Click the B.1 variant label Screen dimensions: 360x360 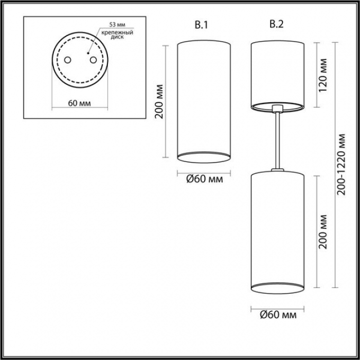click(x=202, y=25)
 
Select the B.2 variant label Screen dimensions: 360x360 click(x=277, y=24)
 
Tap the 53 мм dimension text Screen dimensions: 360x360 click(x=117, y=25)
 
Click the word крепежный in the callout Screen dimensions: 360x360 click(x=117, y=32)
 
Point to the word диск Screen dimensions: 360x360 click(x=117, y=37)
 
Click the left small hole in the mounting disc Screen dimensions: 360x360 click(x=67, y=60)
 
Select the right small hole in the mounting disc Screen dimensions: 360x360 click(x=93, y=60)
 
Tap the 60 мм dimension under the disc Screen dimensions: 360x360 click(x=79, y=103)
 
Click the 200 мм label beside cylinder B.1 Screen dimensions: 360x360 click(x=159, y=101)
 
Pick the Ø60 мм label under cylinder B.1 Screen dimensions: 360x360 click(x=204, y=179)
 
